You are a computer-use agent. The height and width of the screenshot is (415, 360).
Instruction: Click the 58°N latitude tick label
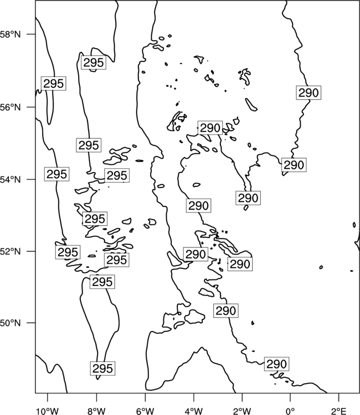tap(11, 34)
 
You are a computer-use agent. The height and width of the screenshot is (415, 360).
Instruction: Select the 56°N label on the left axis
tap(11, 107)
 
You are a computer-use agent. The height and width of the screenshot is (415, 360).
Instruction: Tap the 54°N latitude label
tap(11, 179)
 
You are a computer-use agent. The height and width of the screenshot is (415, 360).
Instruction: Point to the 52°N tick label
tap(11, 251)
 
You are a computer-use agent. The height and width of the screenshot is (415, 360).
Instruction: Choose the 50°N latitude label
tap(11, 323)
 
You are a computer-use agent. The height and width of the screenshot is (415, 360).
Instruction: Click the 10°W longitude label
tap(48, 411)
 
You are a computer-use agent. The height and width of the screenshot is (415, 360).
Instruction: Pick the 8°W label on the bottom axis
tap(96, 411)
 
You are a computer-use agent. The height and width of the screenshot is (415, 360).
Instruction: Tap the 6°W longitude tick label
tap(145, 411)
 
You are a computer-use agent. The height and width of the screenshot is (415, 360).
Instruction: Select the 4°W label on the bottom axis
tap(194, 411)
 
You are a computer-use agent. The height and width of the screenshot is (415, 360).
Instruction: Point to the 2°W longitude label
tap(242, 411)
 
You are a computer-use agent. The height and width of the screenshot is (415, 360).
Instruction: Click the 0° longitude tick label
tap(290, 411)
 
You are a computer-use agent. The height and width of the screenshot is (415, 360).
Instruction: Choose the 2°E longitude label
tap(339, 411)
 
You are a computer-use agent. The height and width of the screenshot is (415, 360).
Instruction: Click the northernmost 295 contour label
tap(94, 63)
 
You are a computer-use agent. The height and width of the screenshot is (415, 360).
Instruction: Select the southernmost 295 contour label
tap(102, 368)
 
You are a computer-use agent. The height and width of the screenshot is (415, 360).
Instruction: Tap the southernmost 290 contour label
tap(276, 364)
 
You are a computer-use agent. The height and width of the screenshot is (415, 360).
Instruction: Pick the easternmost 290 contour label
tap(308, 92)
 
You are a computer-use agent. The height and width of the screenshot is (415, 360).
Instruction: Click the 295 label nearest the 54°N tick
tap(56, 174)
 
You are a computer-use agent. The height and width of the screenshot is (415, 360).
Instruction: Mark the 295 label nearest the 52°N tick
tap(68, 252)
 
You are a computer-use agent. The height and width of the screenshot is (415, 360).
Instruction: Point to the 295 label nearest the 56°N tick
tap(54, 84)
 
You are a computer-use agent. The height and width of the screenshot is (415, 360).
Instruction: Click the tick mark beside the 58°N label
tap(31, 34)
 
